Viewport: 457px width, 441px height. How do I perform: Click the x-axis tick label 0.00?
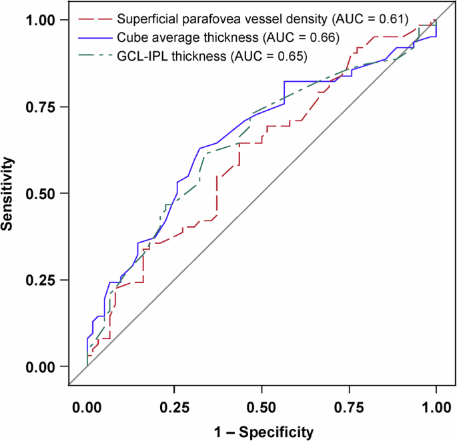pyautogui.click(x=87, y=406)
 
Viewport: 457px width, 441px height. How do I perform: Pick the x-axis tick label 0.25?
pyautogui.click(x=174, y=406)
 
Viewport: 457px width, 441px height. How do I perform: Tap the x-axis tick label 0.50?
pyautogui.click(x=262, y=406)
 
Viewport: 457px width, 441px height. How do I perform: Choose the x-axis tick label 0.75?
pyautogui.click(x=349, y=406)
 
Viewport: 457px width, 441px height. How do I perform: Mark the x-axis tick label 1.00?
pyautogui.click(x=436, y=406)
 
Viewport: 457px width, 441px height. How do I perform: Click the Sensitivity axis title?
pyautogui.click(x=9, y=193)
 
